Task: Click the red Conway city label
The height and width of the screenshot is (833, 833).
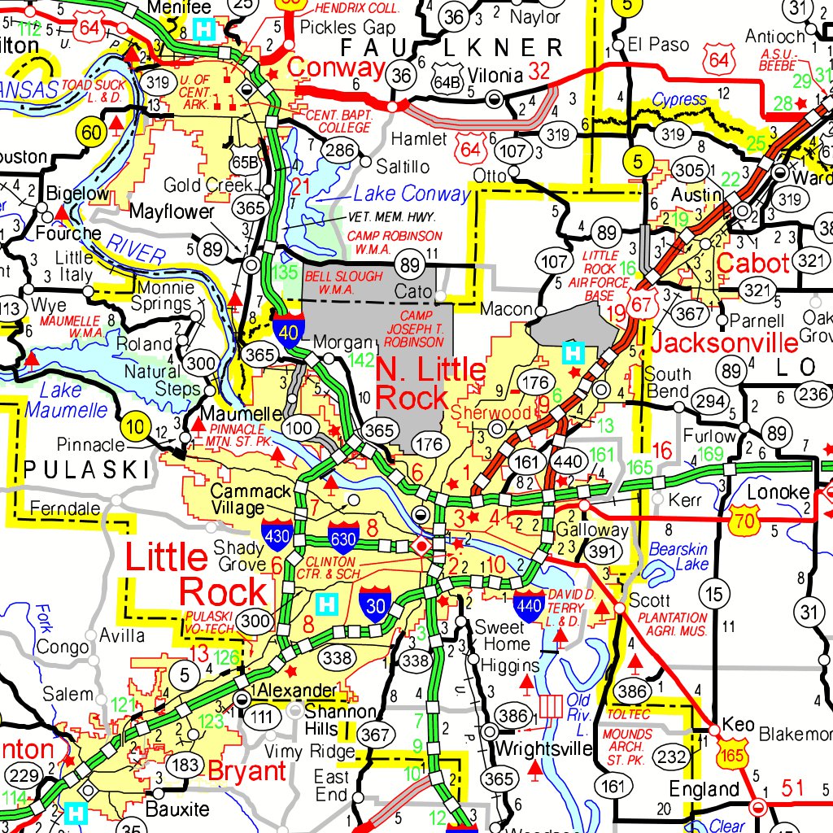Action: coord(336,68)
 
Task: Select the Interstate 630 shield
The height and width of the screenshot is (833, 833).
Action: coord(342,535)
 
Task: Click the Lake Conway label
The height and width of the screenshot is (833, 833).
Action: coord(412,194)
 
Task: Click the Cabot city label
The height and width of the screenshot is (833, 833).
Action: coord(753,264)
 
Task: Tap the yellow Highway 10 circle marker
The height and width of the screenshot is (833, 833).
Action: coord(134,425)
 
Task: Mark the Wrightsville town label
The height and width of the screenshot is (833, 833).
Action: coord(543,747)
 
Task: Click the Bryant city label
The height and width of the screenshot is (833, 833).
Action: coord(247,770)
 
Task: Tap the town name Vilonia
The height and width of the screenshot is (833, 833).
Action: coord(495,76)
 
